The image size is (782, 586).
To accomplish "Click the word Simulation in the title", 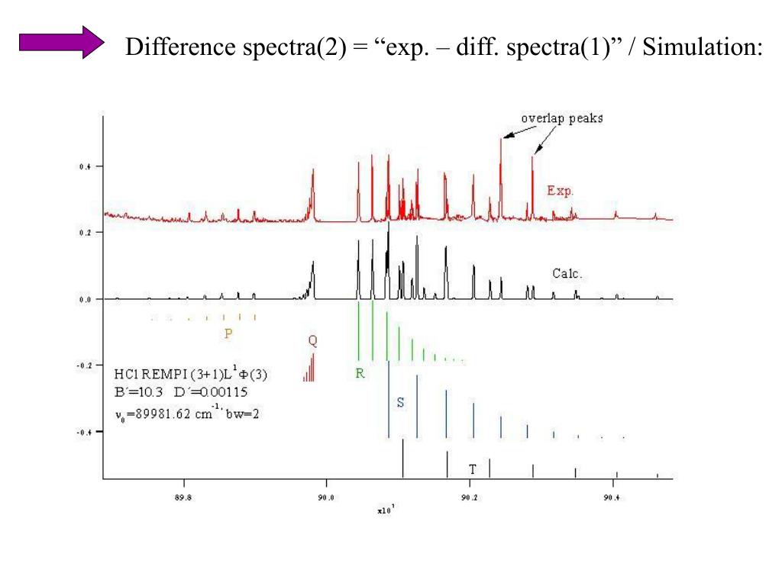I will click(700, 48).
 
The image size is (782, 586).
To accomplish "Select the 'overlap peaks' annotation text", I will click(561, 118).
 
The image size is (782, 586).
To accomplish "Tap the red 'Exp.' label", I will click(560, 190).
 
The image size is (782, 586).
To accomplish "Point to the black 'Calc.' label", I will click(567, 272).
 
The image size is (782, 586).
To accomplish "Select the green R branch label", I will click(360, 374).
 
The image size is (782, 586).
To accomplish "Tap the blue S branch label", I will click(400, 402).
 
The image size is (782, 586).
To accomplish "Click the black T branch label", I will click(473, 468).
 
